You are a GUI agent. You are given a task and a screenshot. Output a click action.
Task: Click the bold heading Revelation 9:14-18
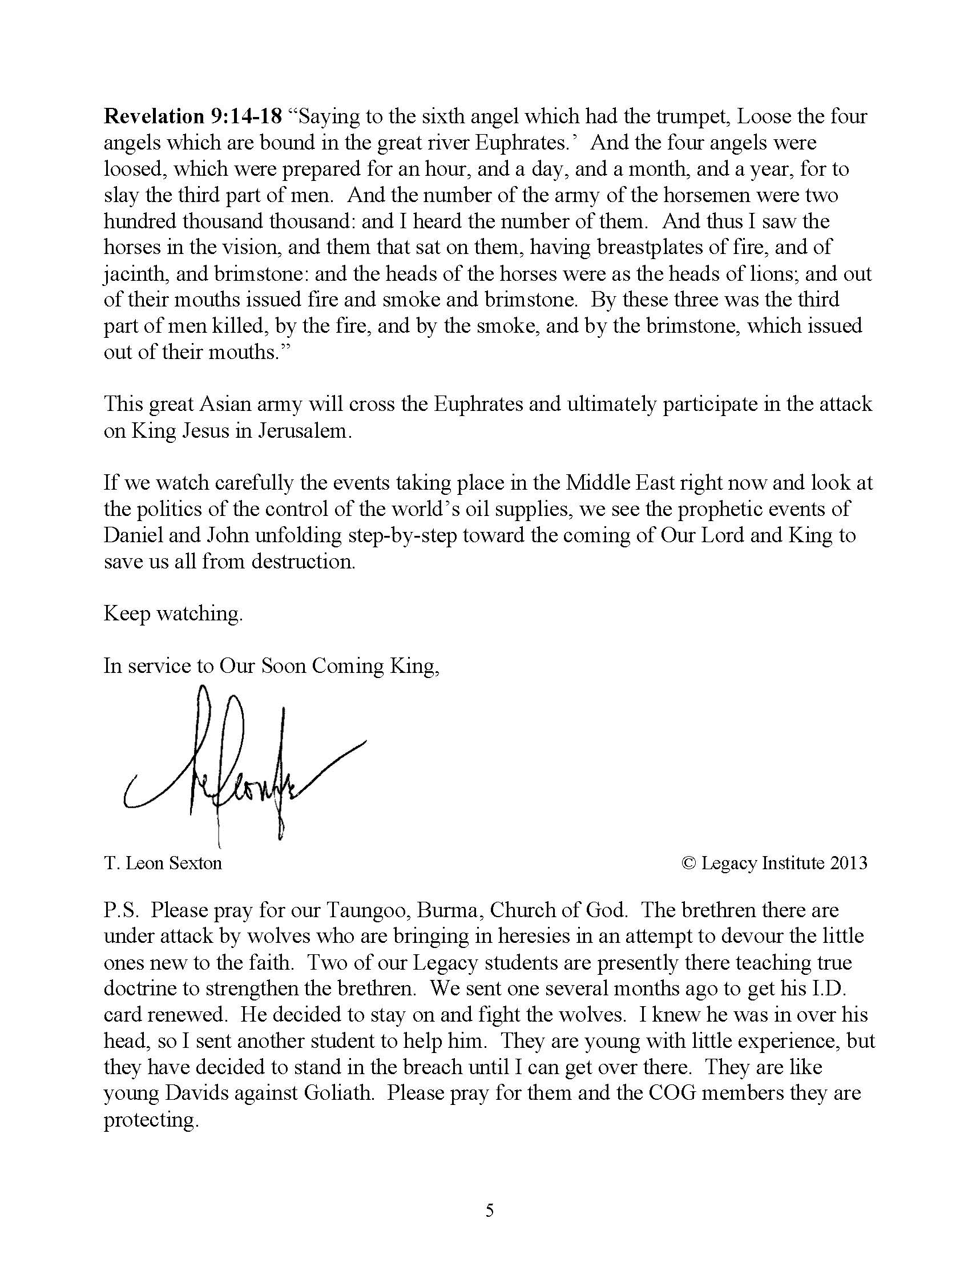(x=192, y=117)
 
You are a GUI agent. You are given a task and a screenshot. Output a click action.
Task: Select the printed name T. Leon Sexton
(x=163, y=864)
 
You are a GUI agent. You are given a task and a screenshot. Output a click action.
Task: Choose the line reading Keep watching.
(x=173, y=614)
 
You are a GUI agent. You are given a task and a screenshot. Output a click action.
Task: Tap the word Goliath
(x=338, y=1092)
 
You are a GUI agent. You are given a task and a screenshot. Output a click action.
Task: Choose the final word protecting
(x=151, y=1119)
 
